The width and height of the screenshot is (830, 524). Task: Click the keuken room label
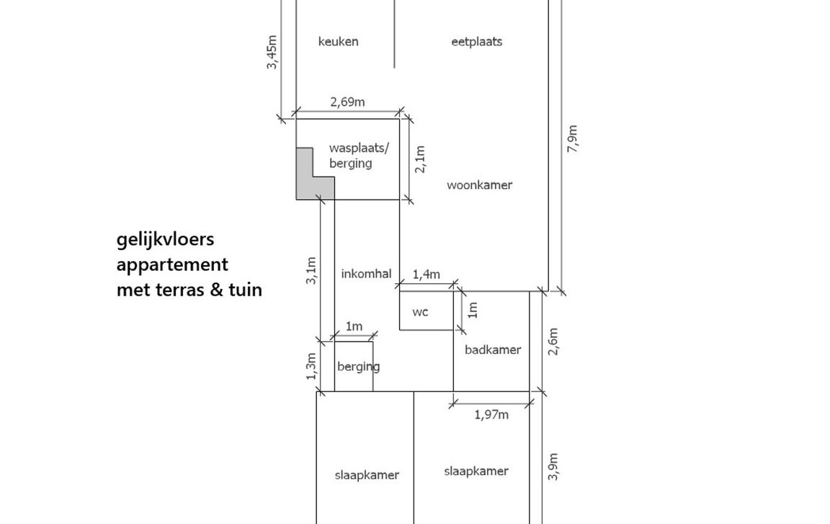pyautogui.click(x=338, y=42)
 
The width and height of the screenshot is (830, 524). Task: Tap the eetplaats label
pyautogui.click(x=476, y=42)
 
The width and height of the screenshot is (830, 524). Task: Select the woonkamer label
pyautogui.click(x=479, y=185)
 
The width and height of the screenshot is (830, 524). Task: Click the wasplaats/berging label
pyautogui.click(x=358, y=156)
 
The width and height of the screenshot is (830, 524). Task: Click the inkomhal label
pyautogui.click(x=366, y=274)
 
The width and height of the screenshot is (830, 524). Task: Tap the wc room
pyautogui.click(x=421, y=312)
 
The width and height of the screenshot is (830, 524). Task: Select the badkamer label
pyautogui.click(x=492, y=350)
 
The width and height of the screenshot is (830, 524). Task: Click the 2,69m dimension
pyautogui.click(x=347, y=102)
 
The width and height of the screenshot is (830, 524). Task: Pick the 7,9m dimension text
pyautogui.click(x=573, y=138)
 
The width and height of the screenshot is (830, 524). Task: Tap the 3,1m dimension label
pyautogui.click(x=311, y=270)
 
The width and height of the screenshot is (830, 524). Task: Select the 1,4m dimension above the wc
pyautogui.click(x=425, y=275)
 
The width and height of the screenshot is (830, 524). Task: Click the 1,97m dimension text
pyautogui.click(x=491, y=414)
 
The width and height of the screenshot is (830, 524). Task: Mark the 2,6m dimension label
pyautogui.click(x=553, y=342)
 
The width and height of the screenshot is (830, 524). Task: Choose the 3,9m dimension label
pyautogui.click(x=553, y=466)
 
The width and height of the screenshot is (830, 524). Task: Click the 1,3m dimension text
pyautogui.click(x=311, y=366)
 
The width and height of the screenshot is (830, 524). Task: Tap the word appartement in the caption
pyautogui.click(x=172, y=265)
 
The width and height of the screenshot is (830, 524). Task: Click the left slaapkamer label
pyautogui.click(x=367, y=475)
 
